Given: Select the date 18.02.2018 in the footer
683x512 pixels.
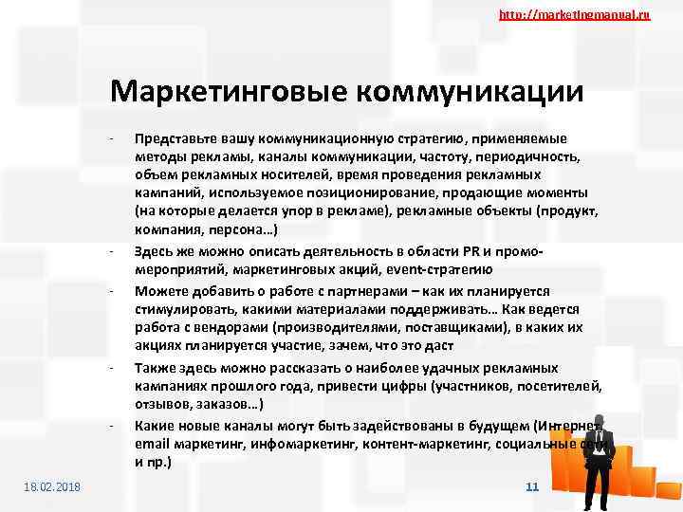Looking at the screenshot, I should [x=52, y=486].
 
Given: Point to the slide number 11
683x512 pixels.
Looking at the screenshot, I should [x=531, y=486].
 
